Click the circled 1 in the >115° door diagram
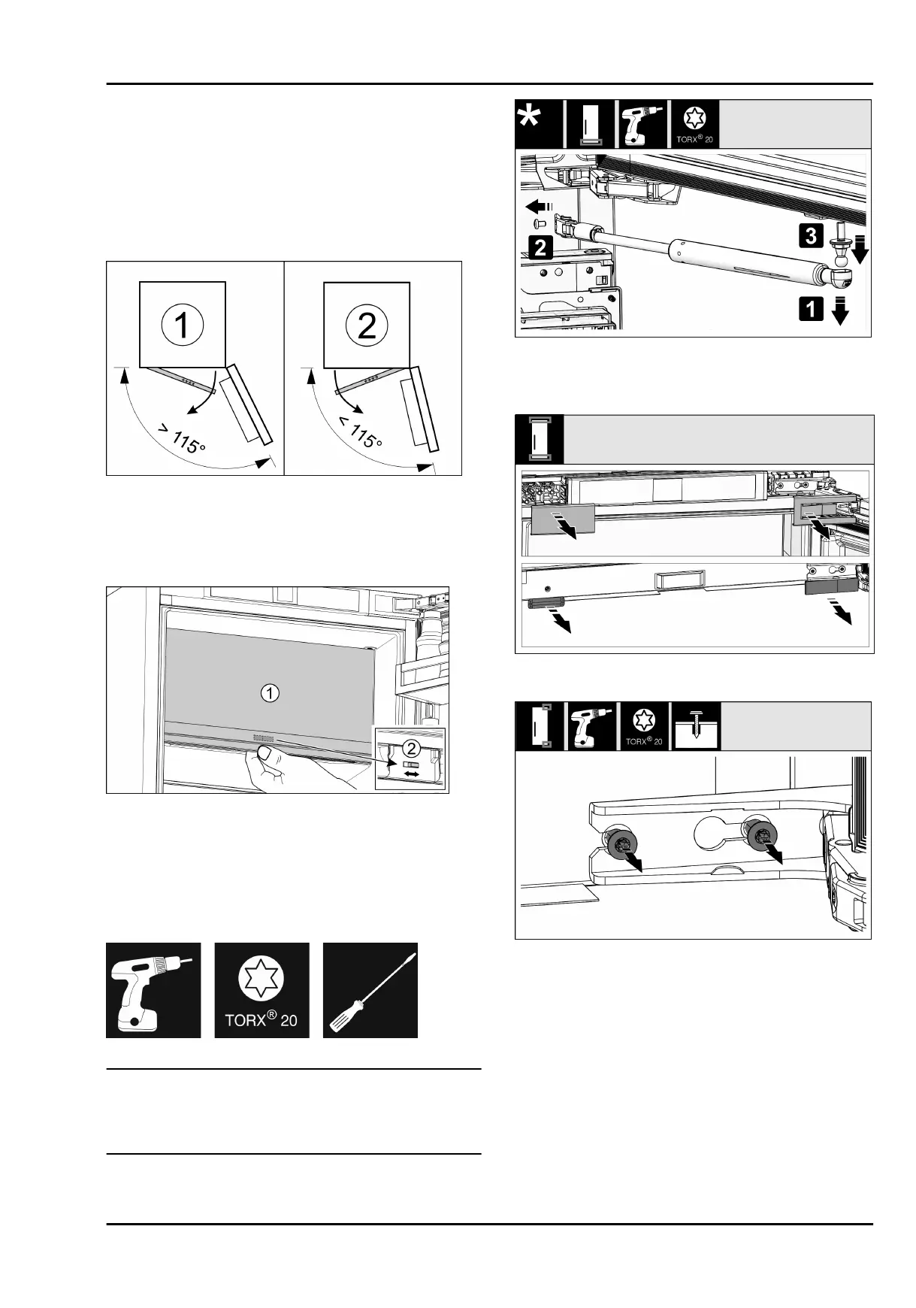[x=182, y=325]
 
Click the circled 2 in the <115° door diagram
[x=366, y=325]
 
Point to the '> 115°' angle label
[x=181, y=441]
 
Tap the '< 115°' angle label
[x=360, y=432]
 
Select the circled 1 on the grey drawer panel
[x=270, y=693]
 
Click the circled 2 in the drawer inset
[x=410, y=748]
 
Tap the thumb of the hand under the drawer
[x=265, y=752]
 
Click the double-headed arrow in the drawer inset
[x=411, y=774]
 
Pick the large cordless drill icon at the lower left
[x=153, y=990]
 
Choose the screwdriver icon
[x=370, y=990]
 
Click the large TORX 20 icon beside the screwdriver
[x=261, y=990]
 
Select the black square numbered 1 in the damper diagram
[x=810, y=310]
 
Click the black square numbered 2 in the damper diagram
[x=541, y=247]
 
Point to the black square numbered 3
[x=811, y=235]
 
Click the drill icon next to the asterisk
[x=642, y=124]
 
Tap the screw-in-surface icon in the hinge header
[x=696, y=726]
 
